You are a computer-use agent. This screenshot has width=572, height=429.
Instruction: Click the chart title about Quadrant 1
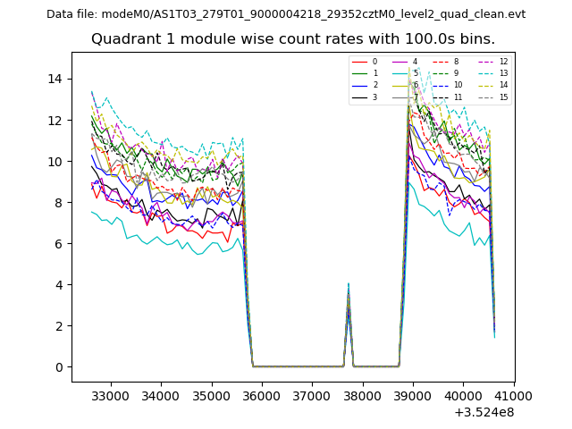pyautogui.click(x=292, y=39)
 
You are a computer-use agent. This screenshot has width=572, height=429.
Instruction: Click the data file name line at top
pyautogui.click(x=286, y=14)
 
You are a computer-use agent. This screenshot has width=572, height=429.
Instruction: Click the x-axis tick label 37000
pyautogui.click(x=312, y=394)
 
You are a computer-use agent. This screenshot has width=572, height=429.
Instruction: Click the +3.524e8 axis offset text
pyautogui.click(x=484, y=412)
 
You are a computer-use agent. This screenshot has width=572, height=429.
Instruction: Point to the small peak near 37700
pyautogui.click(x=349, y=286)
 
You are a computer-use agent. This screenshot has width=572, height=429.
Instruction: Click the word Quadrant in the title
pyautogui.click(x=126, y=39)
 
